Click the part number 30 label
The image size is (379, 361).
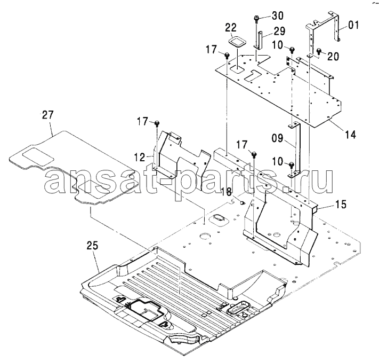(x=277, y=15)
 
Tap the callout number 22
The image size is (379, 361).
(x=231, y=28)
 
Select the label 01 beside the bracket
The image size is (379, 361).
(x=353, y=25)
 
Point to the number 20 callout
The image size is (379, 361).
(x=333, y=57)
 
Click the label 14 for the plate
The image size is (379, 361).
(x=350, y=135)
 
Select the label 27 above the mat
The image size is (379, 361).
(x=47, y=115)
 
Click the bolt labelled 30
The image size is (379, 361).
(x=256, y=18)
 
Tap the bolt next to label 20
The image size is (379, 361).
(x=319, y=51)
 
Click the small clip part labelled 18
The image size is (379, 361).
(x=242, y=202)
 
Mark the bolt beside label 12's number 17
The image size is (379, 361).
(x=157, y=123)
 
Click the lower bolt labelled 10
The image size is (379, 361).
(x=291, y=164)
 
